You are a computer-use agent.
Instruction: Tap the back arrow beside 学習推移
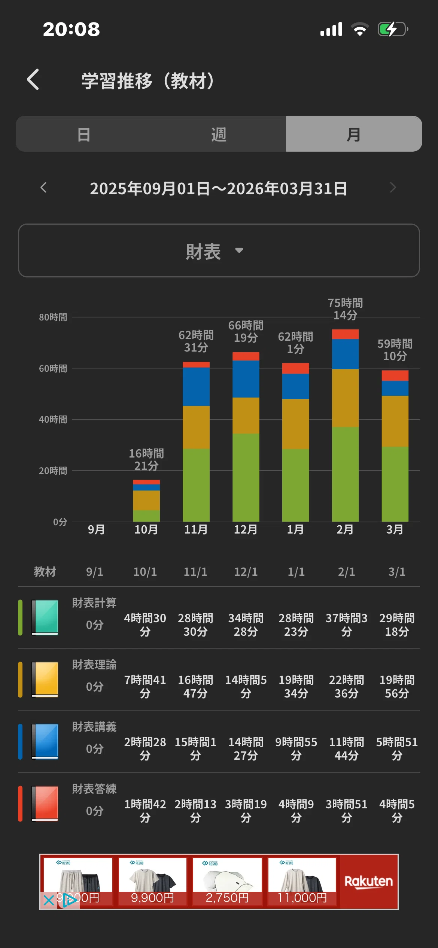click(33, 79)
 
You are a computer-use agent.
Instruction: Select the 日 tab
click(84, 134)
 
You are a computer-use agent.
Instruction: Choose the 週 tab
click(219, 134)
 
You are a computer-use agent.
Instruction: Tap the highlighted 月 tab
click(354, 134)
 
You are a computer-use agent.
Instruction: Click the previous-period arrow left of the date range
click(43, 187)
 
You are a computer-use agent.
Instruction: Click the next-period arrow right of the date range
click(393, 187)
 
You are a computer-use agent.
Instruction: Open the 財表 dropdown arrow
click(239, 250)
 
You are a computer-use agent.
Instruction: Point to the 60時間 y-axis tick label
click(53, 368)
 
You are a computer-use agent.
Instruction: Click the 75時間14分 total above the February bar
click(345, 309)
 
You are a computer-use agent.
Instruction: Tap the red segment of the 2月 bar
click(345, 334)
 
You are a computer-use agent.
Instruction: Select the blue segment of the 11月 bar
click(196, 386)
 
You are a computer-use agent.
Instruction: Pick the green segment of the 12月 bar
click(246, 477)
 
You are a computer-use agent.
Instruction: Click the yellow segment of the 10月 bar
click(146, 500)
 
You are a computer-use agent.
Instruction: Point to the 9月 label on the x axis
click(96, 529)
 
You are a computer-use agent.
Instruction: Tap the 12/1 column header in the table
click(246, 572)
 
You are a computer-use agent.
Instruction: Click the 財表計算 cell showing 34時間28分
click(246, 625)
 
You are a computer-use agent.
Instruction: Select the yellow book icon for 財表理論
click(45, 679)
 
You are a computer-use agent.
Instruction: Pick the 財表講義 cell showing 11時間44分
click(346, 748)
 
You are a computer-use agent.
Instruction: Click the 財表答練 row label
click(94, 789)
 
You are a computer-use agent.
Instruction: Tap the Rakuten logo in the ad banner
click(369, 881)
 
